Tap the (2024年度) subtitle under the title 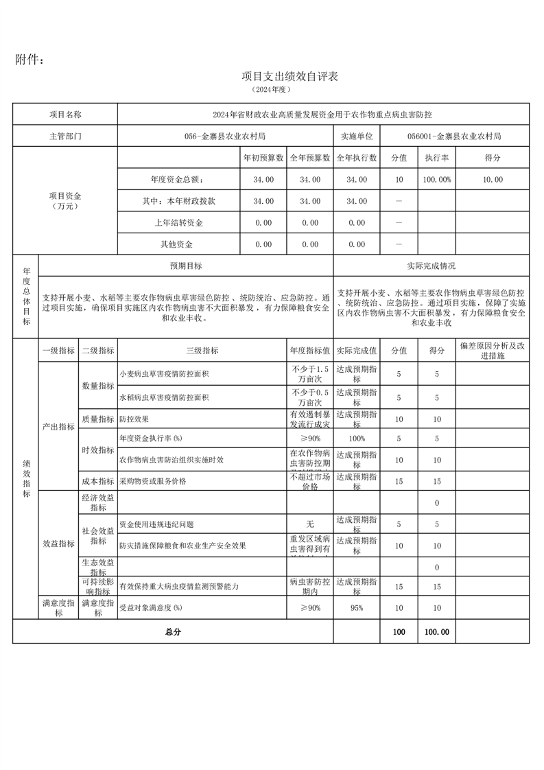(x=272, y=90)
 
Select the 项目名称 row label (x=65, y=114)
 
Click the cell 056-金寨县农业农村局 (x=225, y=136)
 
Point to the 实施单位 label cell (x=356, y=136)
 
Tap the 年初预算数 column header (x=263, y=158)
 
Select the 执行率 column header (x=436, y=158)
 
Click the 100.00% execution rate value (x=436, y=180)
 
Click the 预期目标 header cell (x=186, y=266)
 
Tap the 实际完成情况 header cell (x=431, y=266)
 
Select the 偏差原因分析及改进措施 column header (x=492, y=351)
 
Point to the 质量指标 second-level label (x=98, y=419)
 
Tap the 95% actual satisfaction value (x=356, y=608)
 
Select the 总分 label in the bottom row (x=172, y=632)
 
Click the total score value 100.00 (x=436, y=632)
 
